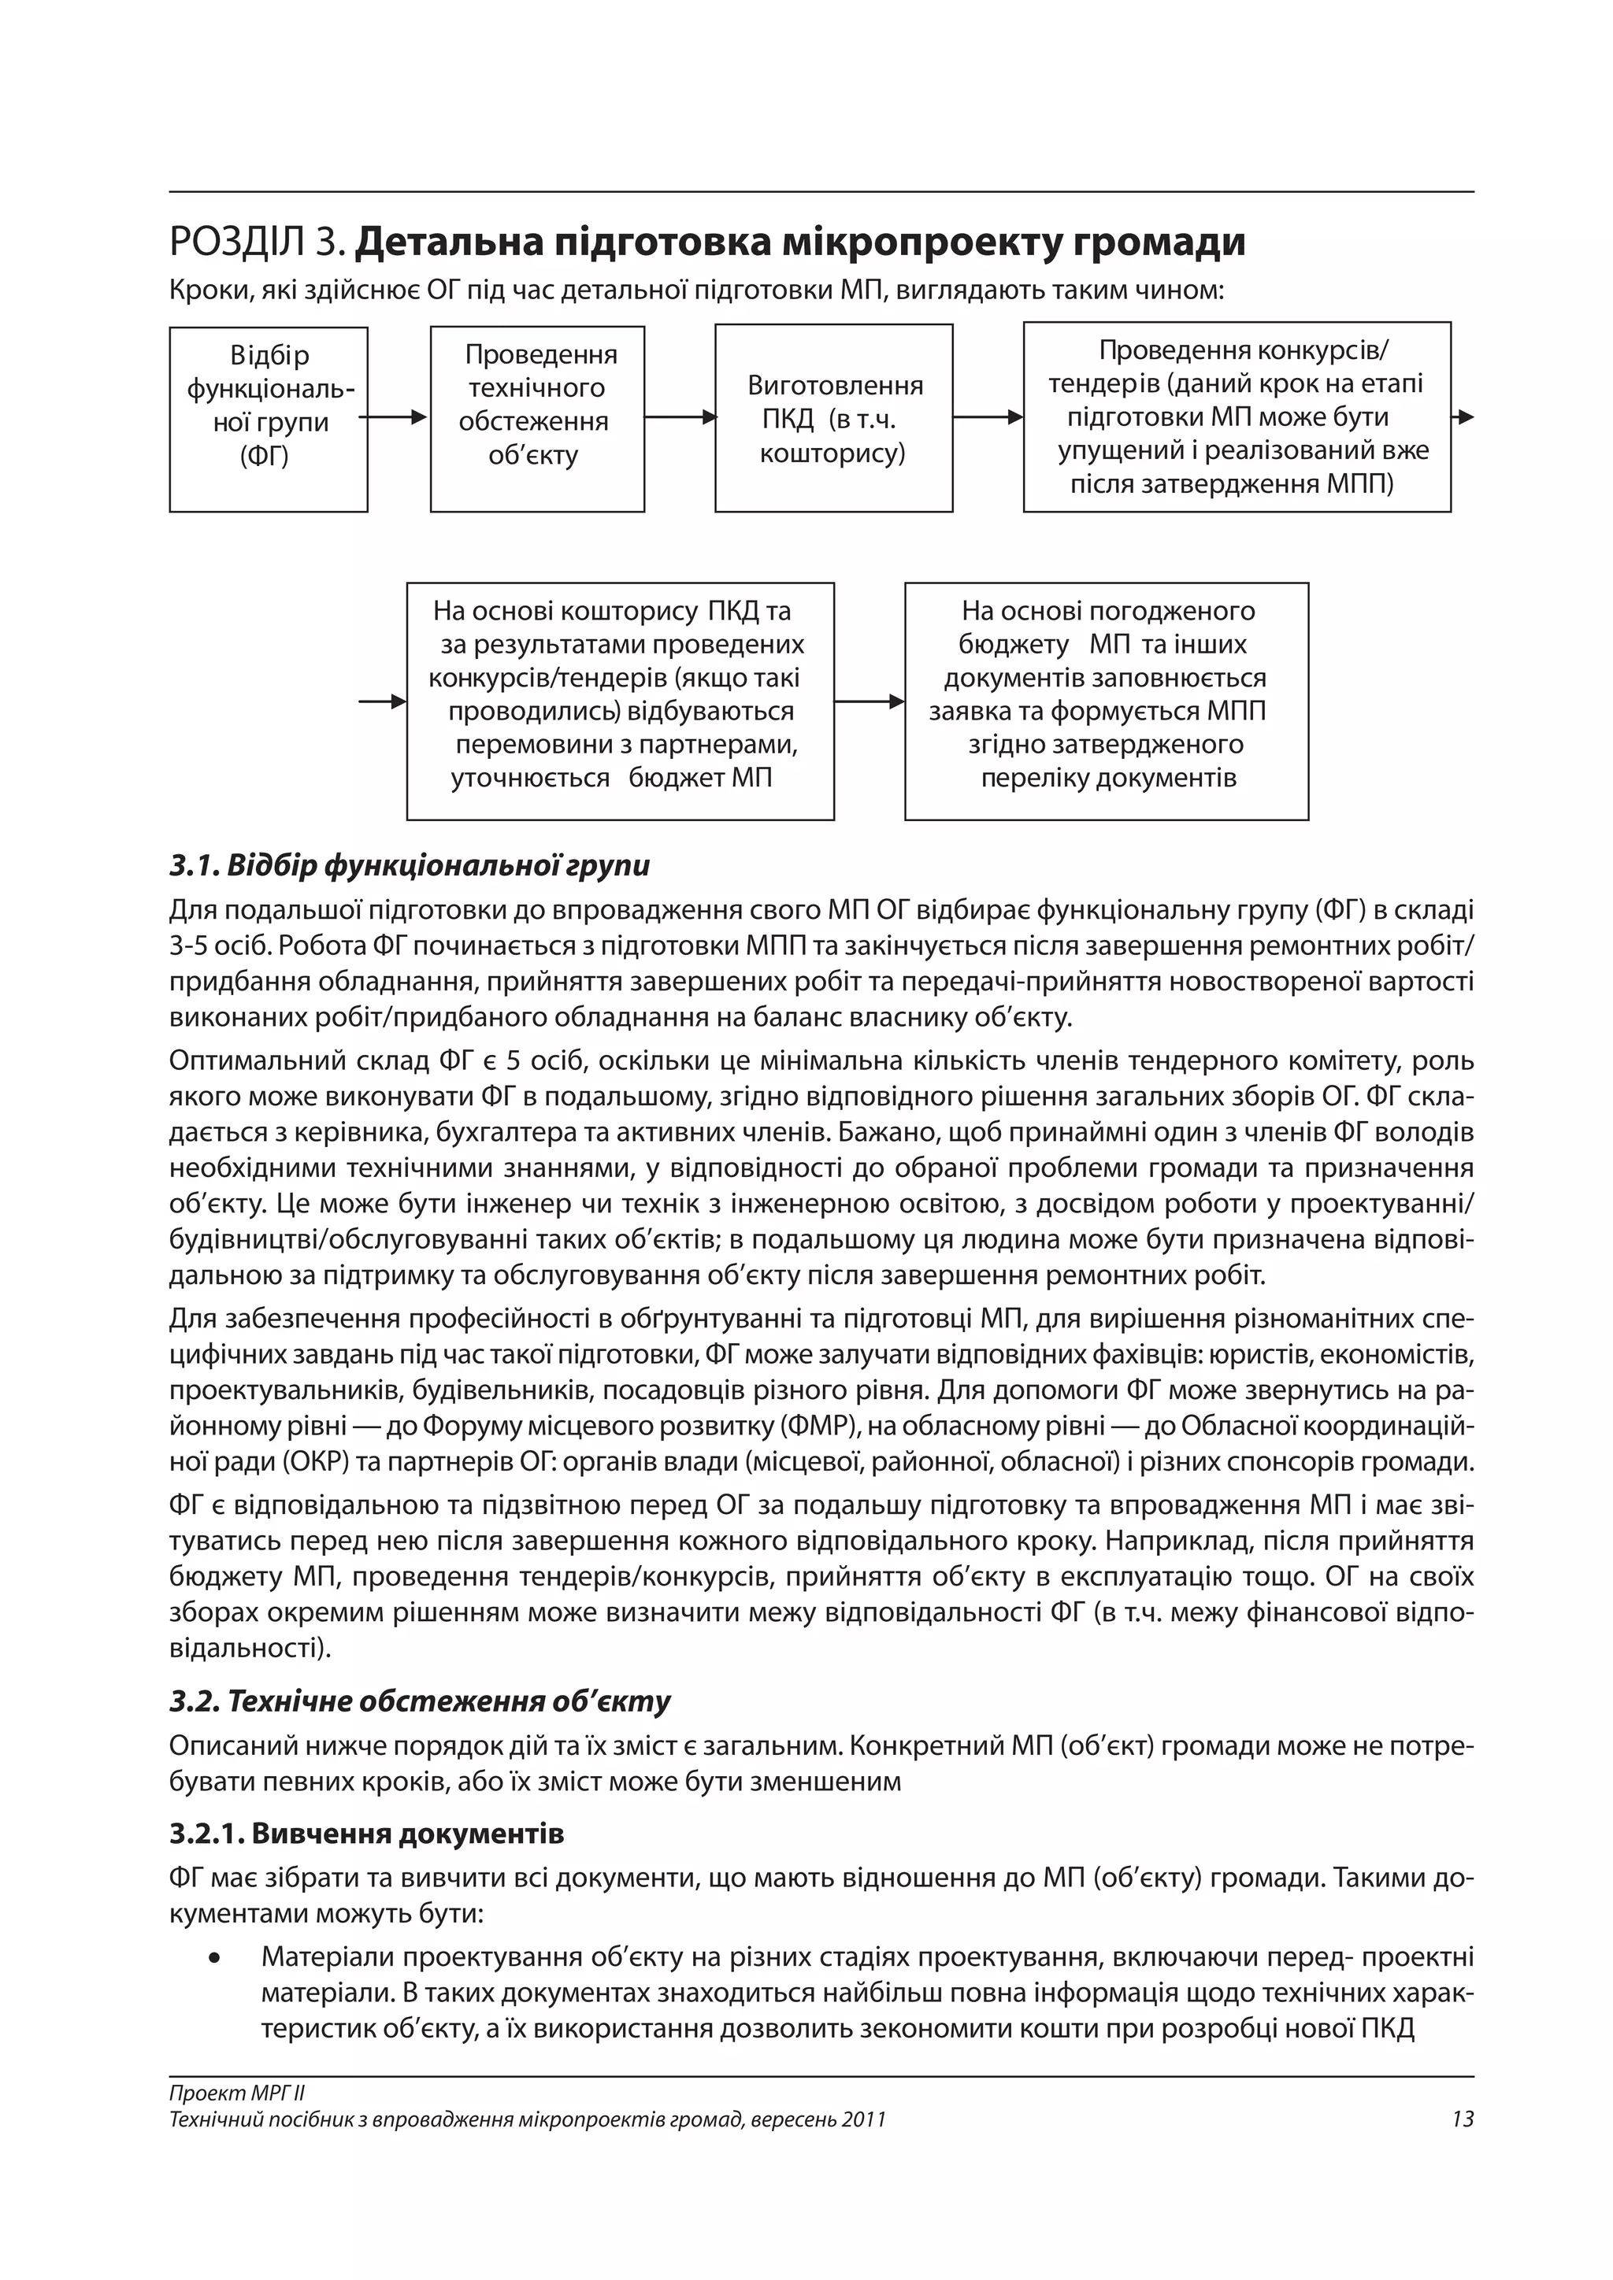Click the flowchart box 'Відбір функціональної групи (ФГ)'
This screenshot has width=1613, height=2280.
pyautogui.click(x=268, y=419)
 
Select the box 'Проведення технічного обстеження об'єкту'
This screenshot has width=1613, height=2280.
pyautogui.click(x=537, y=419)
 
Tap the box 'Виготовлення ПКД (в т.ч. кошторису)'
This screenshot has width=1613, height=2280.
pyautogui.click(x=833, y=419)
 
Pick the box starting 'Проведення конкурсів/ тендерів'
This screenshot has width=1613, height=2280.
pyautogui.click(x=1237, y=417)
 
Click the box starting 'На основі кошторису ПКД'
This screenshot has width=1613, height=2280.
pyautogui.click(x=620, y=701)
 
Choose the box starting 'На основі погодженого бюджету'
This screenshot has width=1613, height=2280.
pyautogui.click(x=1107, y=701)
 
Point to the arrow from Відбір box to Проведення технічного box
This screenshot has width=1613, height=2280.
pyautogui.click(x=396, y=418)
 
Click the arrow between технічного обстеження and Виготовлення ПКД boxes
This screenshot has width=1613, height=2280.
pyautogui.click(x=680, y=418)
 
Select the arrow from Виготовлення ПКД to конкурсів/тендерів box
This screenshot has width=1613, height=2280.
pyautogui.click(x=988, y=418)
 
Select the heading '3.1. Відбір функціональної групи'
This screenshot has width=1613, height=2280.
pyautogui.click(x=410, y=866)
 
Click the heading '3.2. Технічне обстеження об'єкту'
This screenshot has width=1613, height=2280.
pyautogui.click(x=420, y=1701)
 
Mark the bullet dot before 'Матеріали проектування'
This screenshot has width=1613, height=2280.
pyautogui.click(x=213, y=1957)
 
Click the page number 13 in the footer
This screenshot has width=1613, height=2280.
pyautogui.click(x=1462, y=2120)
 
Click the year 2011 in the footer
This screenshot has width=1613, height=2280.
pyautogui.click(x=862, y=2120)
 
